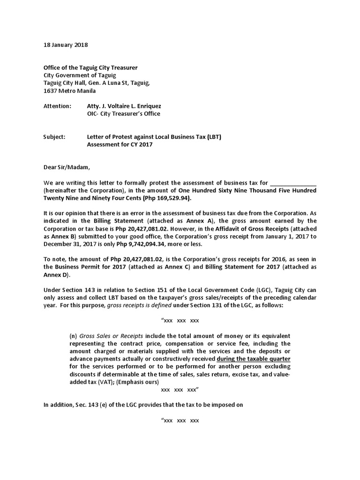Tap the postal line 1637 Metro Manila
tap(69, 91)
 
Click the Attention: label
tap(57, 106)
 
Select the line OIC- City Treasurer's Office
tap(123, 114)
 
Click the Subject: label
tap(54, 137)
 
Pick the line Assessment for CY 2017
tap(120, 144)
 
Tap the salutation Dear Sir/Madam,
tap(66, 167)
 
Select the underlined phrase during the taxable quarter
tap(253, 359)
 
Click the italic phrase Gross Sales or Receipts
tap(112, 336)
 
